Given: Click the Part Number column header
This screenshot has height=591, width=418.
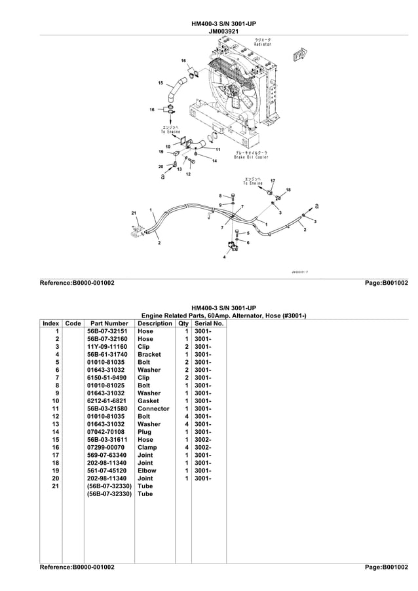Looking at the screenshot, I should click(109, 323).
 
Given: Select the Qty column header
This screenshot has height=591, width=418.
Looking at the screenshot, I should click(183, 323).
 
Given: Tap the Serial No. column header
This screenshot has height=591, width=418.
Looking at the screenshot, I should click(209, 323).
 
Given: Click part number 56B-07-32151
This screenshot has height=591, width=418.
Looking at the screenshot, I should click(109, 331).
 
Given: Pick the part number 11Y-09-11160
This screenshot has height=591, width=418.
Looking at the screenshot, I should click(109, 347).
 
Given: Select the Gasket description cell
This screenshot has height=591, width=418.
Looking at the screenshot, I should click(149, 401).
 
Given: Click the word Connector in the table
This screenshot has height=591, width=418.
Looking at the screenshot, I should click(153, 408).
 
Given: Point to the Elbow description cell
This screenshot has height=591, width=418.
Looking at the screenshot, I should click(147, 471).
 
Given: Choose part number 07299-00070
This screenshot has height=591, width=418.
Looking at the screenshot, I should click(109, 447).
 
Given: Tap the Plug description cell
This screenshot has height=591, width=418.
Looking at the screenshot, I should click(145, 432).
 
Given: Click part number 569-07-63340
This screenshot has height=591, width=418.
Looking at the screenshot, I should click(109, 455).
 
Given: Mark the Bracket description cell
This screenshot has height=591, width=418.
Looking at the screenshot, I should click(149, 354).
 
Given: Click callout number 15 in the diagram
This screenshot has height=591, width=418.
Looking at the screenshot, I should click(161, 83).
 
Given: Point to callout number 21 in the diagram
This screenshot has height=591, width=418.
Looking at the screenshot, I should click(134, 214).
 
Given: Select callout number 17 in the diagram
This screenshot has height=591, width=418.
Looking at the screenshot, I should click(273, 181).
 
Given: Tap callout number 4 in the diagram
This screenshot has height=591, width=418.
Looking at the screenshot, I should click(224, 257).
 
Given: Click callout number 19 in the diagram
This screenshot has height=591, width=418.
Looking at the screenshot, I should click(161, 152).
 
